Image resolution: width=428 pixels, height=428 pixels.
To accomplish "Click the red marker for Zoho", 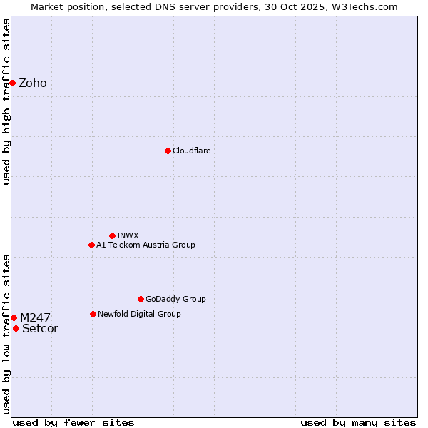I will pos(12,83).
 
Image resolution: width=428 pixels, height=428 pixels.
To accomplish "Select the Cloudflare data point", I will pos(168,151).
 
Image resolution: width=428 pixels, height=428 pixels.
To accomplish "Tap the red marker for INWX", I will pos(112,235).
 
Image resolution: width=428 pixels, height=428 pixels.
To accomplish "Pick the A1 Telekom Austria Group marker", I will pos(91,245).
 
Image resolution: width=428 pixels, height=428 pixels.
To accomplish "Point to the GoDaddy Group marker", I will pos(141,299).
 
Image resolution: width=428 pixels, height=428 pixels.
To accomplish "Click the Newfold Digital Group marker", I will pos(93,314).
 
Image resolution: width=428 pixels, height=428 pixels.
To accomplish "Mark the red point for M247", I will pos(14,317).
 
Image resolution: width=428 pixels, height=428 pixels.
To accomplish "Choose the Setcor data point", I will pos(16,328).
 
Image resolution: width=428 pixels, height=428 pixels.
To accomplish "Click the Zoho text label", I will pos(33,83).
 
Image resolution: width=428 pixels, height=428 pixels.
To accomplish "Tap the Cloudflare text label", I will pos(192,151).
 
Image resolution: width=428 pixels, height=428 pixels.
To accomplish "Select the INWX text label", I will pos(128,235).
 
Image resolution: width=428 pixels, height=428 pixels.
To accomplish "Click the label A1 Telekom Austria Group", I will pos(146,245).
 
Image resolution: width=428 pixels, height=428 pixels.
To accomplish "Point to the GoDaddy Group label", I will pos(175,299).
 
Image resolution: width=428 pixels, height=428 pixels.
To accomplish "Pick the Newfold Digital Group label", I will pos(139,314).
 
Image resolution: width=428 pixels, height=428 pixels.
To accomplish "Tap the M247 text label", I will pos(35,317).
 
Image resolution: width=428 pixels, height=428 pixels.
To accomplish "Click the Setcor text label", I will pos(40,328).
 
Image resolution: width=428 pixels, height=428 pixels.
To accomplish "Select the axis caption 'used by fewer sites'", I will pos(73,422).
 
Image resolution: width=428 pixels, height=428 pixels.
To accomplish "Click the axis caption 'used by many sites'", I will pos(358,422).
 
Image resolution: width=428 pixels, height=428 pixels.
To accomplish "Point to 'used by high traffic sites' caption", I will pos(6,101).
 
